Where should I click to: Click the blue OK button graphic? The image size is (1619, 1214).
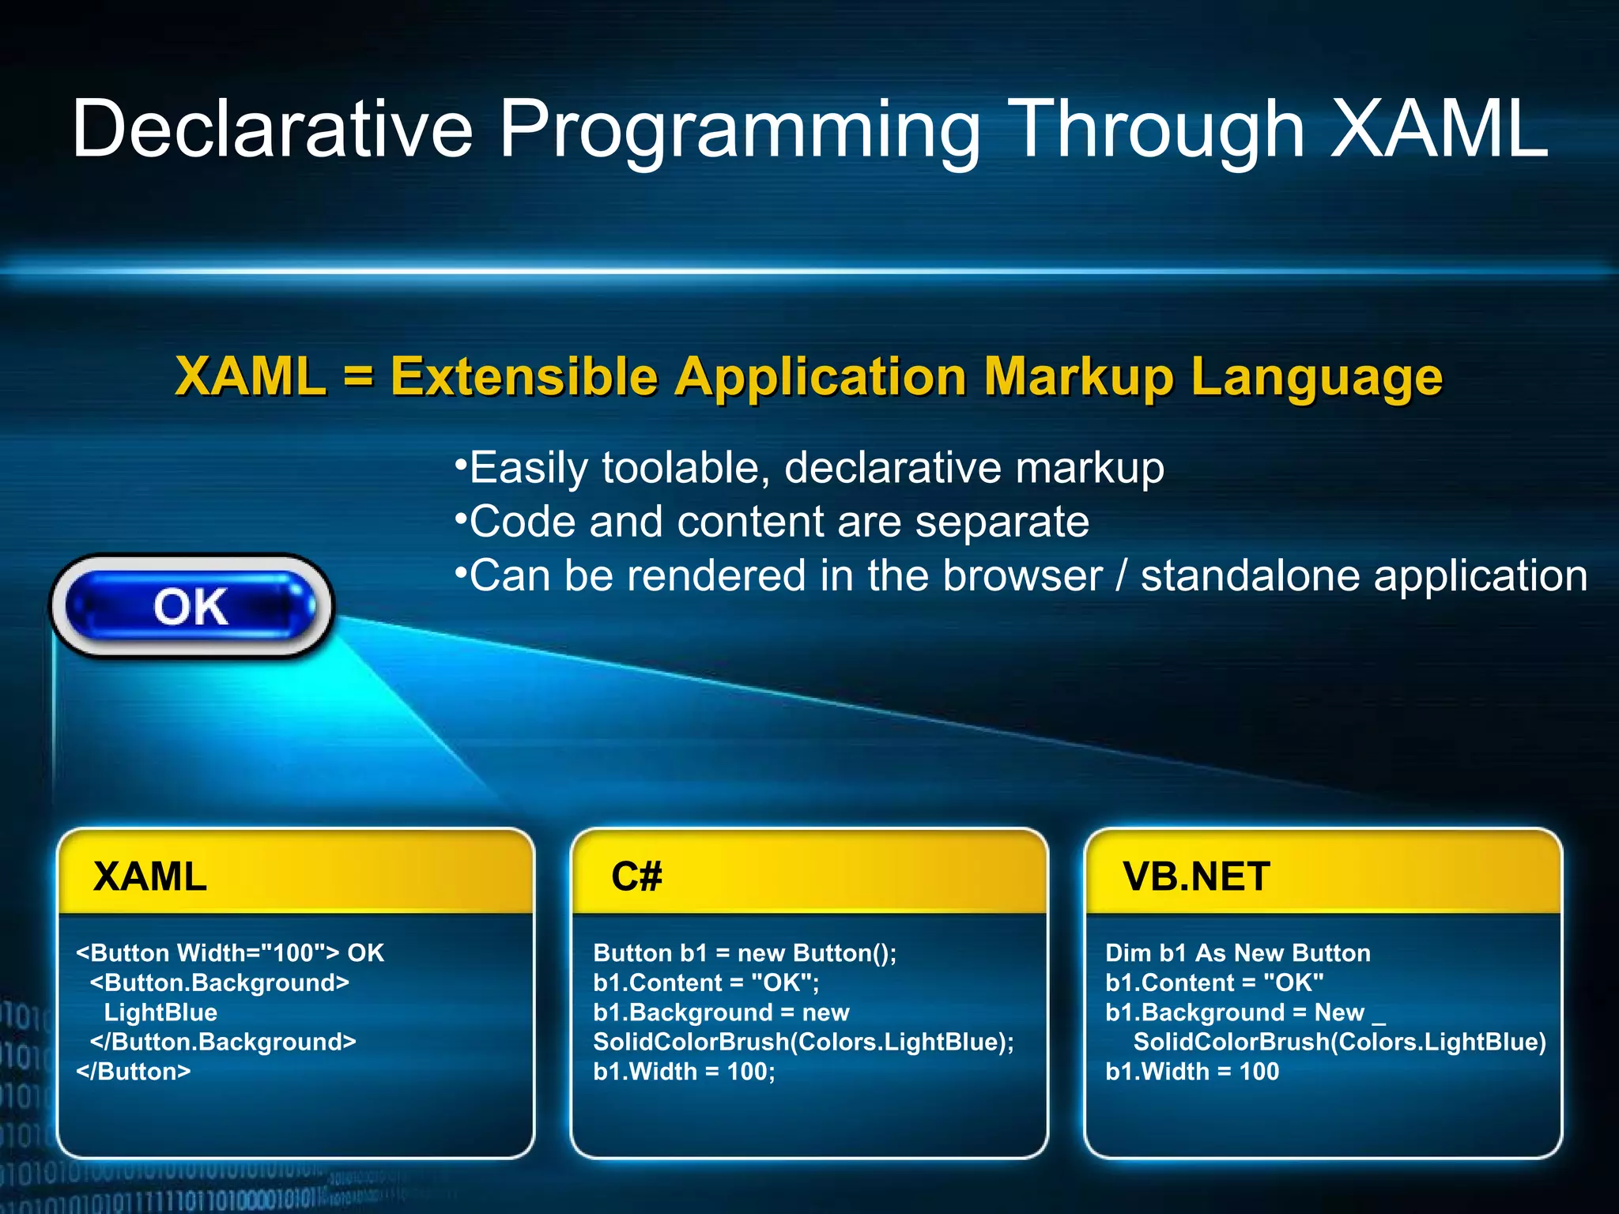point(191,606)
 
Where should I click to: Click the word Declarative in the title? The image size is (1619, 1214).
point(272,129)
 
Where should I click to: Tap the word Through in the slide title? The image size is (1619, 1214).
point(1158,129)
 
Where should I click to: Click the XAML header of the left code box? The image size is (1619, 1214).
point(150,877)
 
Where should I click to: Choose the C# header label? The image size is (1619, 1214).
point(636,877)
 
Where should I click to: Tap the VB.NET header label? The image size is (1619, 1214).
point(1196,877)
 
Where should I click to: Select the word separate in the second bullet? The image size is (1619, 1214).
point(1002,522)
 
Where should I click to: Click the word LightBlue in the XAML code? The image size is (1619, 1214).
point(160,1012)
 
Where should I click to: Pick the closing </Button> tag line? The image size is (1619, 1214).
point(134,1072)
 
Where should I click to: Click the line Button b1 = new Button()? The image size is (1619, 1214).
point(745,953)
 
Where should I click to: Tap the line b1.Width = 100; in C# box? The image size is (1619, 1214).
point(684,1072)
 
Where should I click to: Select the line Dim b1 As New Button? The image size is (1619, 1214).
point(1237,953)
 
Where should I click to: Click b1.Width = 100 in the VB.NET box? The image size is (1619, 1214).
point(1191,1072)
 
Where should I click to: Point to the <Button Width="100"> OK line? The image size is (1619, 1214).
point(229,953)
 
